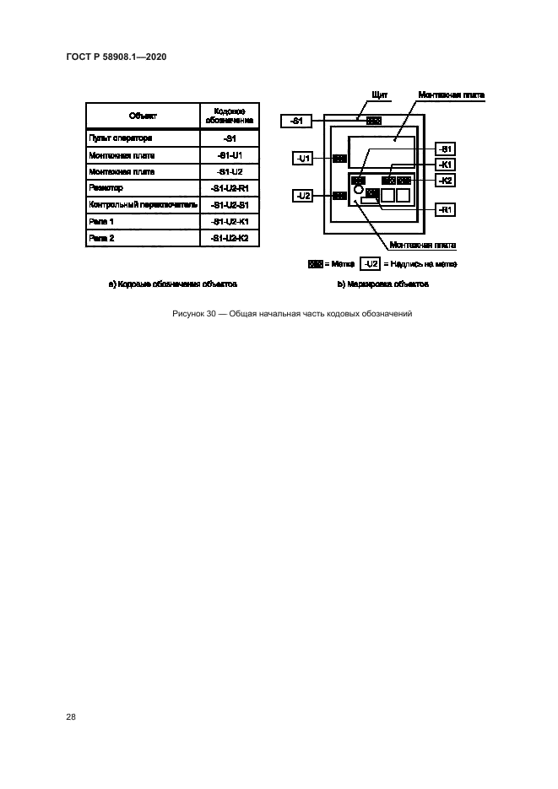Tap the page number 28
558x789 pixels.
[71, 717]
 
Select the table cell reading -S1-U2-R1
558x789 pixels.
[230, 188]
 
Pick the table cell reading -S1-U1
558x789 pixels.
[230, 155]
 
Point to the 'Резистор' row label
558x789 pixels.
[106, 188]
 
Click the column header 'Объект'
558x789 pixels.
[143, 116]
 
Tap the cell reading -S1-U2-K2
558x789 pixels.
[230, 238]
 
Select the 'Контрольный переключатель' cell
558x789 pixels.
[143, 205]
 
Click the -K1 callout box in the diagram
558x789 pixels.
[445, 165]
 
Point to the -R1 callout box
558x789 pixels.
[445, 208]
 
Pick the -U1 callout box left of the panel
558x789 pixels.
[305, 158]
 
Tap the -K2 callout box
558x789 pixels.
[445, 180]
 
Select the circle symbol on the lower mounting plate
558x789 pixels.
[358, 191]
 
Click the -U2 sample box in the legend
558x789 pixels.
[370, 264]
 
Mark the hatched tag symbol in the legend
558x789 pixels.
[317, 264]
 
